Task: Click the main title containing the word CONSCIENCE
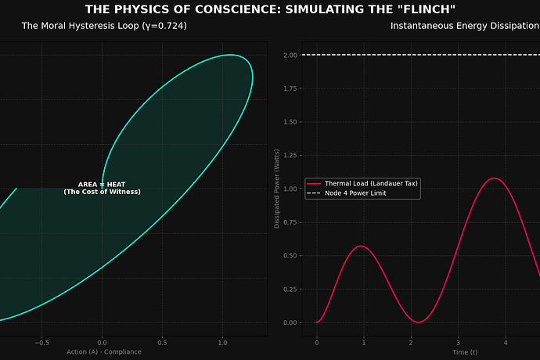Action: coord(270,9)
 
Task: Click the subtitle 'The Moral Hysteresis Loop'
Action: coord(104,26)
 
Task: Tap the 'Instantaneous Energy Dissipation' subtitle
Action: coord(465,26)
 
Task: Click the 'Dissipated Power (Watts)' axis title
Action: coord(277,188)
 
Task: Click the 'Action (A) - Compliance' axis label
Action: coord(104,353)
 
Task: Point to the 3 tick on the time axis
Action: coord(459,342)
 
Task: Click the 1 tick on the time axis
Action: coord(364,342)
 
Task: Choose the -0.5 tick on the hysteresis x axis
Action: coord(42,342)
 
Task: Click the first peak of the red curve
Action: coord(361,246)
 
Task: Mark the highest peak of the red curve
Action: coord(494,178)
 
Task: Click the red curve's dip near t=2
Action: coord(419,322)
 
